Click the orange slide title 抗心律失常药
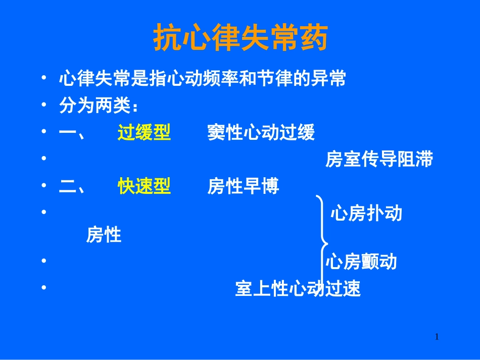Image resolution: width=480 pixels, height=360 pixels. tap(240, 38)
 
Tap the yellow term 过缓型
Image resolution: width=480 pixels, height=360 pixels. tap(144, 133)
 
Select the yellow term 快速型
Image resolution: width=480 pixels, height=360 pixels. tap(144, 187)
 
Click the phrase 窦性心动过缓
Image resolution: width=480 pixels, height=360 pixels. tap(261, 133)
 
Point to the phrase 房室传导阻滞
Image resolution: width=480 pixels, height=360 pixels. tap(379, 160)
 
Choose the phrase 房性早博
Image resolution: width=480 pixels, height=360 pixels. tap(243, 187)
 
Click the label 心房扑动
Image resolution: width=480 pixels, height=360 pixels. tap(366, 214)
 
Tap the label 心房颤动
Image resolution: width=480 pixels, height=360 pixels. tap(361, 262)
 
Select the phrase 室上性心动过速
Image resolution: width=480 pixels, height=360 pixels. tap(298, 289)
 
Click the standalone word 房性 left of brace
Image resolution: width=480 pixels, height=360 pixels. tap(104, 235)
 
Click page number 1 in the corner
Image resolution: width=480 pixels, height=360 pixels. tap(437, 337)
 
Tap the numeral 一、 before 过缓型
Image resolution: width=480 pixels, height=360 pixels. tap(72, 133)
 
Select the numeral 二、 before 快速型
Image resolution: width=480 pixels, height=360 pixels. tap(72, 187)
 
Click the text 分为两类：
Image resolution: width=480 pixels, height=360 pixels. tap(99, 106)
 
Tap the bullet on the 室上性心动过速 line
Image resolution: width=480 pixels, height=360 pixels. tap(44, 288)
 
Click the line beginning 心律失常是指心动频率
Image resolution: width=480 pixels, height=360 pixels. tap(202, 79)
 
